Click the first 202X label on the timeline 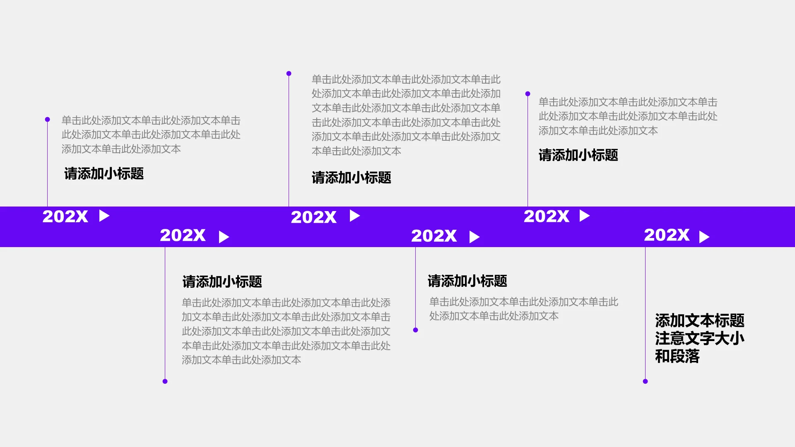pos(65,216)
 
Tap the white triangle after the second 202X pos(224,237)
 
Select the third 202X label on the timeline pos(313,217)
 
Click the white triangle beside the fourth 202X pos(474,237)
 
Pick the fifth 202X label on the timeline pos(546,216)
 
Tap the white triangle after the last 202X pos(704,237)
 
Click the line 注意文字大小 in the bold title pos(699,338)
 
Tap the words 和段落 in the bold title pos(677,356)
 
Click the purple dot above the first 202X pos(48,120)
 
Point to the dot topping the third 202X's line pos(289,74)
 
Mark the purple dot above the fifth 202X pos(528,94)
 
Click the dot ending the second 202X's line pos(165,381)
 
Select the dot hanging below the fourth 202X pos(416,330)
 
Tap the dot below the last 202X pos(645,381)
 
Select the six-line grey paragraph pos(406,115)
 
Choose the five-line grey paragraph pos(286,331)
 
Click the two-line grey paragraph pos(523,309)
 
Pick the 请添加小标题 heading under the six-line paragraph pos(351,178)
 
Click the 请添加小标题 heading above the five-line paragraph pos(222,281)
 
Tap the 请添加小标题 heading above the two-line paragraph pos(467,281)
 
